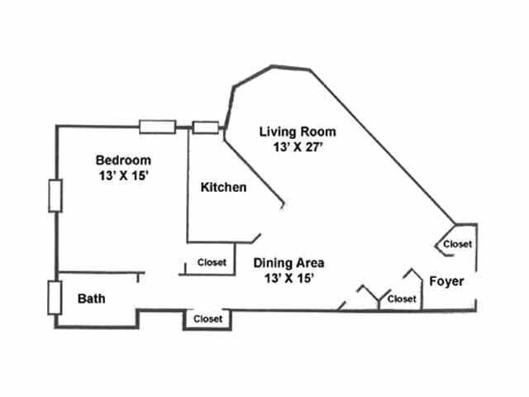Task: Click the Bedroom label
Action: click(x=123, y=160)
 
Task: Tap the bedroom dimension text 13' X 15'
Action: click(x=123, y=176)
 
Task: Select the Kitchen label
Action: click(x=223, y=188)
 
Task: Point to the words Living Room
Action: click(x=298, y=131)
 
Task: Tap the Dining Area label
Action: click(x=288, y=263)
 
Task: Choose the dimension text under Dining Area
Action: click(x=288, y=279)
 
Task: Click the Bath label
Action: click(x=91, y=298)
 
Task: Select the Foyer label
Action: click(x=446, y=281)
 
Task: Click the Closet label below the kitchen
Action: click(x=212, y=263)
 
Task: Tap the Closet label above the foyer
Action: click(x=457, y=244)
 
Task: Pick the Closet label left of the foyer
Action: click(x=402, y=299)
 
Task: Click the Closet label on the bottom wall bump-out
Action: click(x=207, y=318)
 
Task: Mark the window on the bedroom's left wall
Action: click(x=55, y=196)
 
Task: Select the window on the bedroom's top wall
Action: click(x=157, y=127)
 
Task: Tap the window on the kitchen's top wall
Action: click(x=205, y=127)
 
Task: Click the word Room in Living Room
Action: click(x=319, y=131)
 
